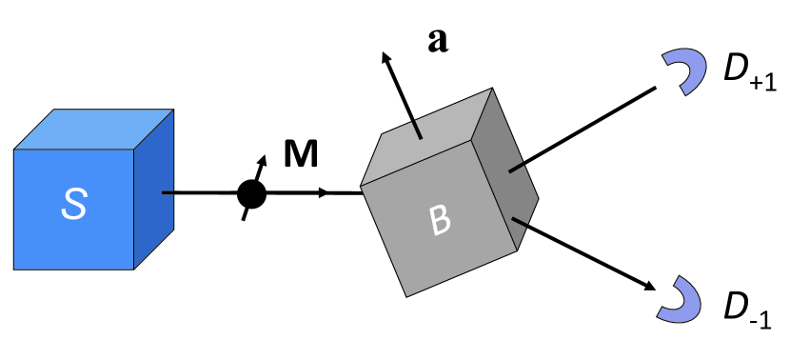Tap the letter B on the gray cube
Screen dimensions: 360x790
(x=440, y=220)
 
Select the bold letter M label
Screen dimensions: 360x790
(x=301, y=154)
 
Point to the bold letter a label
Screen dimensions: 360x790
(x=437, y=41)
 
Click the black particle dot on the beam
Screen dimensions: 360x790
(x=251, y=194)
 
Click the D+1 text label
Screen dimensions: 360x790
(x=747, y=74)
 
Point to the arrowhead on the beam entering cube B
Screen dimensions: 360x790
(x=326, y=193)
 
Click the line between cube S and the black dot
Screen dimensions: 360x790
(x=200, y=193)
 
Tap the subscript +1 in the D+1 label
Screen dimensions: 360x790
(x=764, y=85)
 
